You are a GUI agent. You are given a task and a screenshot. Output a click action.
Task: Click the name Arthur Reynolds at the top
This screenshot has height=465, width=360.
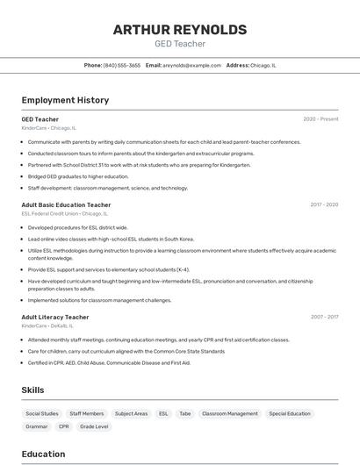(179, 30)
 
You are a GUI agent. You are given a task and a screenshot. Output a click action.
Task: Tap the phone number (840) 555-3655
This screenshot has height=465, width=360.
(121, 65)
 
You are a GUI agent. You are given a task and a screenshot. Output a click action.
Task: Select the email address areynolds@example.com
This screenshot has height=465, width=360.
(191, 65)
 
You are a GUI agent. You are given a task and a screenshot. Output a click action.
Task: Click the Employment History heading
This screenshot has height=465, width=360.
(65, 100)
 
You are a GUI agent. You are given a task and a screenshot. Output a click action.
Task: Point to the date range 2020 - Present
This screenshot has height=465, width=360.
(320, 119)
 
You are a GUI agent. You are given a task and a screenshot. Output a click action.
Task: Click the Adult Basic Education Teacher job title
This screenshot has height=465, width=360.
(66, 204)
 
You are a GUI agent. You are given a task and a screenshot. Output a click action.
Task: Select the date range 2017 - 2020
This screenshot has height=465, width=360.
(323, 204)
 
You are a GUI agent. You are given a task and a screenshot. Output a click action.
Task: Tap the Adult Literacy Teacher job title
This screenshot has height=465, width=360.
(55, 317)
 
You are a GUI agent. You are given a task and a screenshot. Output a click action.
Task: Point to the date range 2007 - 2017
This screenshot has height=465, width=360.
(323, 317)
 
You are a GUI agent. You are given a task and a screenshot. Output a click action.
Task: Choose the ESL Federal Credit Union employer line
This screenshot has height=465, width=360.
(64, 213)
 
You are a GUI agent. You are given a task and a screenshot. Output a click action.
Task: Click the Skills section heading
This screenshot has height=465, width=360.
(32, 390)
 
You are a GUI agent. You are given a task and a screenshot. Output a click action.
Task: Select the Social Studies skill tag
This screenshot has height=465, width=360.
(42, 413)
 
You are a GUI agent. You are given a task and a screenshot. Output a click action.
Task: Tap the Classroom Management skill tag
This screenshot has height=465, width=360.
(230, 413)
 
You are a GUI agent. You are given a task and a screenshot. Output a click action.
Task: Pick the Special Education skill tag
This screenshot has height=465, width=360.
(290, 413)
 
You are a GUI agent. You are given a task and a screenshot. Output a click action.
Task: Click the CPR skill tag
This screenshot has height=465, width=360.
(64, 426)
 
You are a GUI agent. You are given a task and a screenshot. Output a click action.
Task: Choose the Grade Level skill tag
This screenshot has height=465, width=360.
(94, 426)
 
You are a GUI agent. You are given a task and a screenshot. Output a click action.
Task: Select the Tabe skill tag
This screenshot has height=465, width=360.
(185, 413)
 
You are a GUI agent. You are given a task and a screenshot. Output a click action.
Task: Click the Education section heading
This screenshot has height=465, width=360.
(43, 454)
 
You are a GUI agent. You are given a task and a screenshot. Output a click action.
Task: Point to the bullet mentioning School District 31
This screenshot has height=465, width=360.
(139, 164)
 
